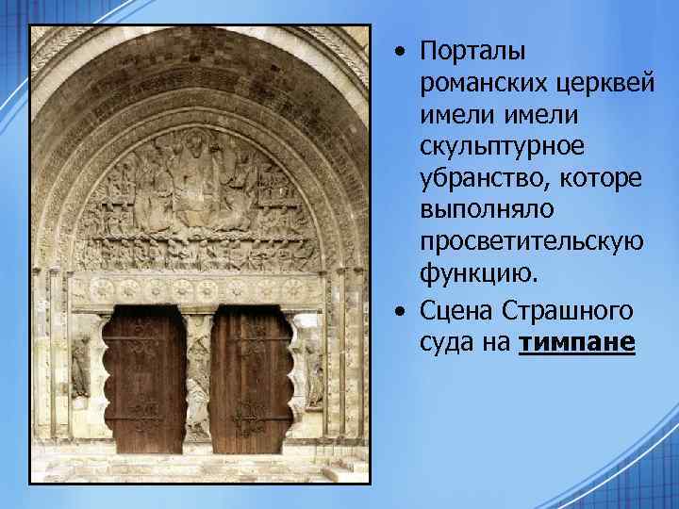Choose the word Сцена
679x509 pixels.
coord(455,312)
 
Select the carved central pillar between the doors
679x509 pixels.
coord(198,377)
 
